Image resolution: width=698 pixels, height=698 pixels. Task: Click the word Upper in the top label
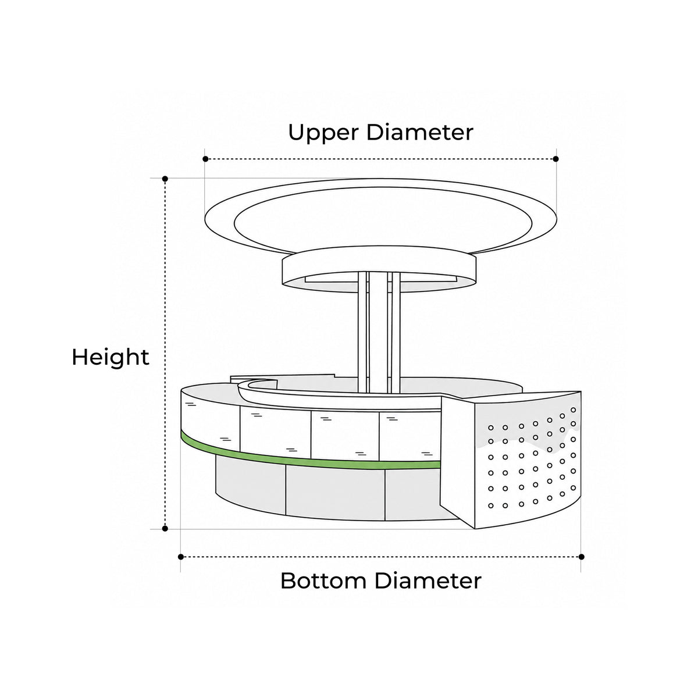point(323,133)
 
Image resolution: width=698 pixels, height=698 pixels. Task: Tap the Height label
point(111,358)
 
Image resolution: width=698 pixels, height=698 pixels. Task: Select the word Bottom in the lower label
point(323,581)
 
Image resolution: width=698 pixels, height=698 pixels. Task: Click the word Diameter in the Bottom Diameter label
point(428,581)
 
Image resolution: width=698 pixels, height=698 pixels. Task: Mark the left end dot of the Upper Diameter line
point(205,159)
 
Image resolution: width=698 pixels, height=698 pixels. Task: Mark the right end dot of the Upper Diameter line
point(556,159)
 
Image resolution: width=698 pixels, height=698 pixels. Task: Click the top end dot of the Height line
point(165,179)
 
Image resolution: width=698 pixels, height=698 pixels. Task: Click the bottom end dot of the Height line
point(165,529)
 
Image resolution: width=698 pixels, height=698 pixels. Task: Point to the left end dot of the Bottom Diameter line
point(181,557)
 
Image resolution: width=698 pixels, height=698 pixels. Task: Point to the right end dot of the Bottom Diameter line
point(581,557)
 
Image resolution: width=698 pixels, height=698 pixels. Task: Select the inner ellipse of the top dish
point(383,188)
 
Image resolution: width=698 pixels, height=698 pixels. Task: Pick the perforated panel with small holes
point(528,461)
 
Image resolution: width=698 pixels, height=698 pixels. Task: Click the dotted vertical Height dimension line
point(165,354)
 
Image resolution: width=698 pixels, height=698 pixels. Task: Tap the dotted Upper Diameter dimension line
point(380,159)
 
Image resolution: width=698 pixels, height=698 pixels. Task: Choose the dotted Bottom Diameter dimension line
point(381,557)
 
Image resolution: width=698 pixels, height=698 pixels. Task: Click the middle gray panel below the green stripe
point(335,493)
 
